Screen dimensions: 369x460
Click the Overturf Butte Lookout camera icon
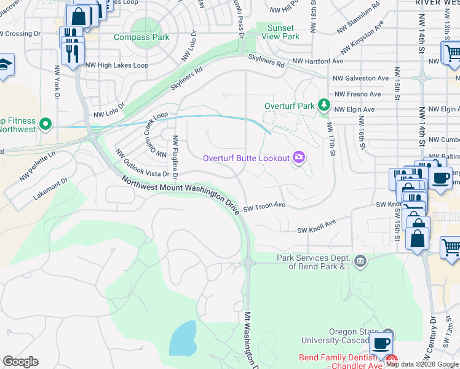point(299,158)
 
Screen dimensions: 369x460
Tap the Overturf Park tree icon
point(324,106)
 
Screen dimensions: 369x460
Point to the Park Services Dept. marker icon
point(360,262)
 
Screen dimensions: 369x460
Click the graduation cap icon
point(4,65)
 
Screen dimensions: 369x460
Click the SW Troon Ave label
point(264,205)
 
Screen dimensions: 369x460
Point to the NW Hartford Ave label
point(317,61)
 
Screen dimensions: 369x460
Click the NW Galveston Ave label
point(361,78)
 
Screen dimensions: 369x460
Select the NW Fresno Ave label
point(357,94)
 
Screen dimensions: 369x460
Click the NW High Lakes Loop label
point(117,65)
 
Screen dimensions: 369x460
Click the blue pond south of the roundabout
point(183,338)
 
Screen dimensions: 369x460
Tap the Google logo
point(20,362)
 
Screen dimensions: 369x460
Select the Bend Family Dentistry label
point(338,357)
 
